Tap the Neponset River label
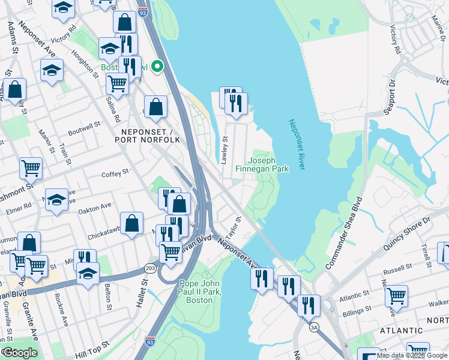[x=298, y=144]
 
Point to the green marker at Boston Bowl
[x=157, y=67]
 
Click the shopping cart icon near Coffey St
[x=31, y=169]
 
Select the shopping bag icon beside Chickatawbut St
[x=131, y=224]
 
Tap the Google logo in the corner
[x=19, y=353]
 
